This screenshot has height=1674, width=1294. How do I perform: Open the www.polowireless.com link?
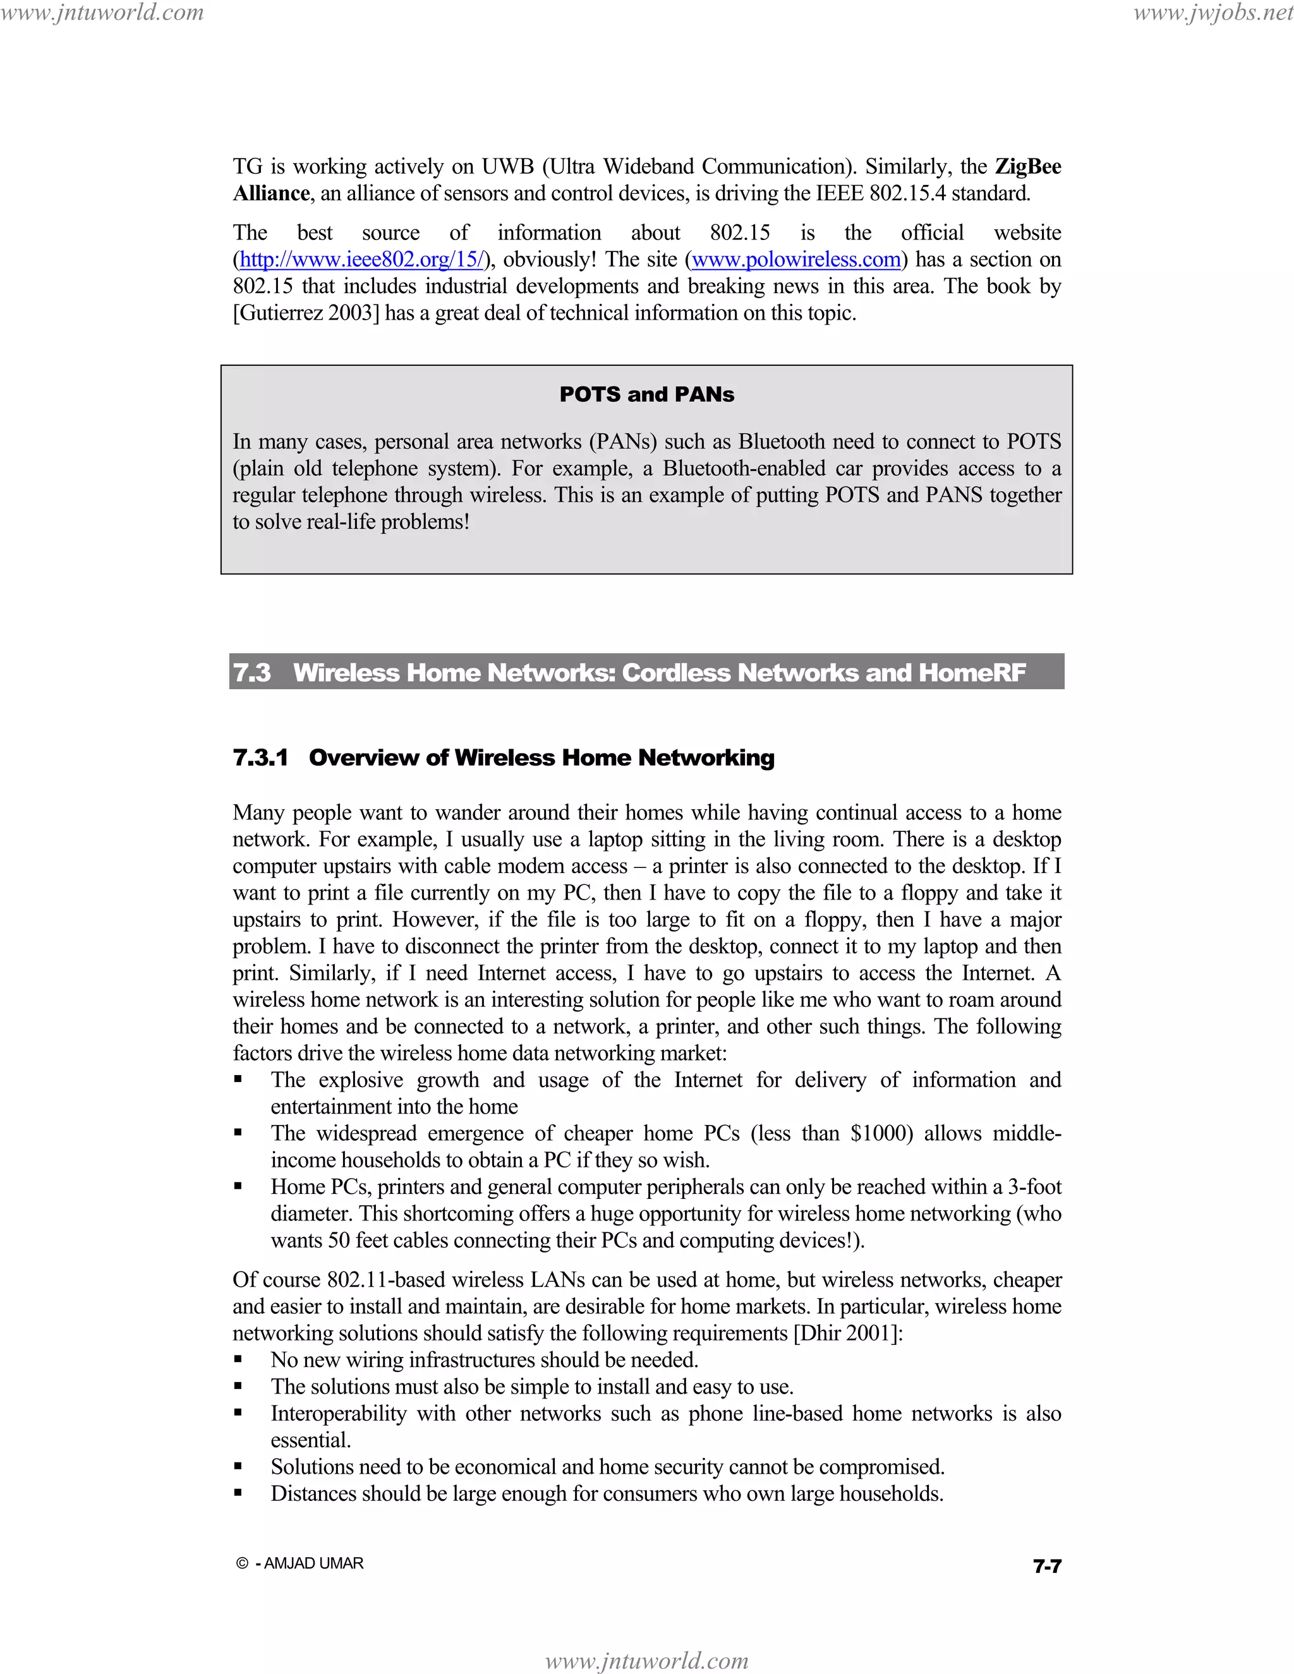795,260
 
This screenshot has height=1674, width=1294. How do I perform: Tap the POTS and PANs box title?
646,394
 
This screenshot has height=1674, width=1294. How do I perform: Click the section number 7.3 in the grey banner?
252,672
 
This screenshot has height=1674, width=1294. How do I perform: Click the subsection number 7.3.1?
261,757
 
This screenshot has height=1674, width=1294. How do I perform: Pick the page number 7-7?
1046,1566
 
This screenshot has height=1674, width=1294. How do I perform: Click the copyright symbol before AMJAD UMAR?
242,1563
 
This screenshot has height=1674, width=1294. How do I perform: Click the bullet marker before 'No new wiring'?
238,1361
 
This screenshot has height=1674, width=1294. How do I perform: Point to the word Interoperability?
338,1413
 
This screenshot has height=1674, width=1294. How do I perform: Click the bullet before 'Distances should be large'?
238,1493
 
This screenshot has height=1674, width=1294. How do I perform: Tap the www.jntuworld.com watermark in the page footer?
646,1660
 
